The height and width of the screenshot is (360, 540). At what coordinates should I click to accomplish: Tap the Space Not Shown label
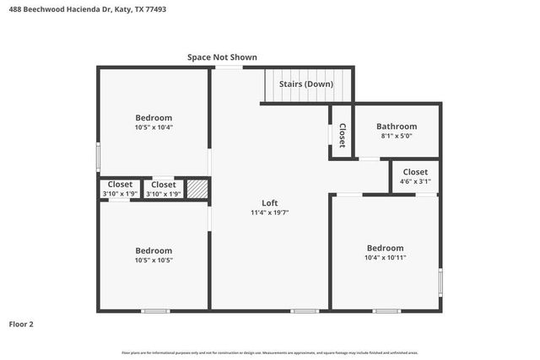(x=222, y=57)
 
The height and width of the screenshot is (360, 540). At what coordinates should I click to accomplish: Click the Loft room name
(x=269, y=203)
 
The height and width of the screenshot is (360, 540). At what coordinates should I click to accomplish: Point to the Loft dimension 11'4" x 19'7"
(x=269, y=213)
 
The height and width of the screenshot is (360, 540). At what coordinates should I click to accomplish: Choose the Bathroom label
(x=397, y=126)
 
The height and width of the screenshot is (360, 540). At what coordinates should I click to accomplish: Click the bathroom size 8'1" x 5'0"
(x=397, y=136)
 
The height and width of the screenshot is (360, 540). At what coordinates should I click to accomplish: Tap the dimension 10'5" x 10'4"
(x=154, y=127)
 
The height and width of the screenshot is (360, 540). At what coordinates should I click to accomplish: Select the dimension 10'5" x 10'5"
(x=154, y=261)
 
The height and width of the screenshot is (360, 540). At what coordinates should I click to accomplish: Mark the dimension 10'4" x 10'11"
(x=385, y=257)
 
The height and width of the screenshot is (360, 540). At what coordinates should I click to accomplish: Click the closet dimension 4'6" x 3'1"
(x=415, y=180)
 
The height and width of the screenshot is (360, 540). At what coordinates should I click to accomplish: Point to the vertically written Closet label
(x=342, y=136)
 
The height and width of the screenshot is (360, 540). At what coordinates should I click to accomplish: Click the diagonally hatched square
(x=197, y=189)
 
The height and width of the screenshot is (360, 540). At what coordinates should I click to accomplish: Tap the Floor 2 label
(x=21, y=324)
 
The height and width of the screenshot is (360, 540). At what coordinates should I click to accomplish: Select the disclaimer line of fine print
(x=270, y=352)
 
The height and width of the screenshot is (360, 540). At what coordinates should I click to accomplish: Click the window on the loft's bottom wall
(x=305, y=311)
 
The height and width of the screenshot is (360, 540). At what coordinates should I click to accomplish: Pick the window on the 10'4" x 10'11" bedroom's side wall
(x=440, y=282)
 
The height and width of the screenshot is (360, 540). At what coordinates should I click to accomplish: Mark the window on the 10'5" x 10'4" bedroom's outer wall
(x=98, y=157)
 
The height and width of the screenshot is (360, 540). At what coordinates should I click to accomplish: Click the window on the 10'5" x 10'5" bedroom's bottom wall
(x=155, y=311)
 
